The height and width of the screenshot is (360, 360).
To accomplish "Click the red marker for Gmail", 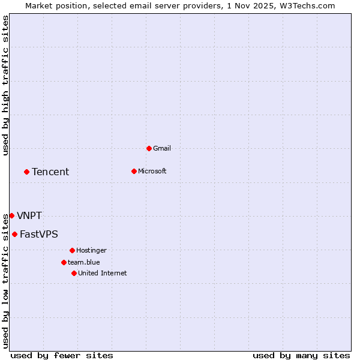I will (x=149, y=148).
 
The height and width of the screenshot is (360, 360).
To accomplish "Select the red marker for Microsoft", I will (x=134, y=171).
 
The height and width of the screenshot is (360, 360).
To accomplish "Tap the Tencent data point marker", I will (x=26, y=172).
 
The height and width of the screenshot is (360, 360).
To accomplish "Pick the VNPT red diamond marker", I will (x=11, y=215).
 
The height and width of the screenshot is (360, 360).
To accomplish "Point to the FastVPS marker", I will (x=14, y=234).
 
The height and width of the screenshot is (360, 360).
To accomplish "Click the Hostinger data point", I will (x=72, y=250).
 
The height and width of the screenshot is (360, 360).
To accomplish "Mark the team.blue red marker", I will (x=64, y=262).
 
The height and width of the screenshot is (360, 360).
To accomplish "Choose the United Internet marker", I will (x=74, y=273).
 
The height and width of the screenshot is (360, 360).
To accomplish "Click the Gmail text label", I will (x=162, y=148).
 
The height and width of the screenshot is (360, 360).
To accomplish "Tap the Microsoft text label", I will (x=152, y=171).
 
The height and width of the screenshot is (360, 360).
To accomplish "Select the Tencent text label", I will (x=50, y=172).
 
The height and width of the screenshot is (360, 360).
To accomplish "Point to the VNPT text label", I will (x=29, y=216).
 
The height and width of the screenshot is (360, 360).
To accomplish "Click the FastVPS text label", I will (x=39, y=235).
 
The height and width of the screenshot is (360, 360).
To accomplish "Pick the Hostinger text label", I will (x=91, y=250).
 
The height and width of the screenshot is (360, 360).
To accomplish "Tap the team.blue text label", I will (x=84, y=262).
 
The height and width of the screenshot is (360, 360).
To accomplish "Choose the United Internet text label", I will (x=103, y=273).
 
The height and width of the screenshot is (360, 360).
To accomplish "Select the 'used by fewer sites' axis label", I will (x=62, y=355).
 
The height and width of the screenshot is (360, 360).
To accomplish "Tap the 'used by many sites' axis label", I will (x=301, y=355).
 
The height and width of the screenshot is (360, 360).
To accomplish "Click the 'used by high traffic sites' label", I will (x=5, y=85).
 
